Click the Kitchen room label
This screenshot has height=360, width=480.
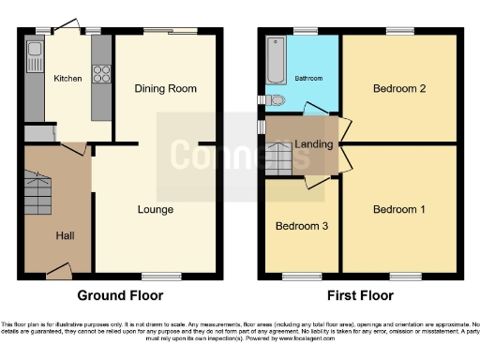click(x=67, y=78)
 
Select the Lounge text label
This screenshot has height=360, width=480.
click(x=155, y=209)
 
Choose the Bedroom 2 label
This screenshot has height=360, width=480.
click(x=399, y=89)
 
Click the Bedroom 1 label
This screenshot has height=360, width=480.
click(x=399, y=208)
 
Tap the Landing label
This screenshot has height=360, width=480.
click(x=311, y=143)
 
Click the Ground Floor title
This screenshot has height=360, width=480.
click(x=120, y=295)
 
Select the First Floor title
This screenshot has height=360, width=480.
click(x=361, y=295)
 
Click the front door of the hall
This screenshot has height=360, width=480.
click(x=58, y=272)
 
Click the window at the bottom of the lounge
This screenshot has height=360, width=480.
click(x=156, y=277)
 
